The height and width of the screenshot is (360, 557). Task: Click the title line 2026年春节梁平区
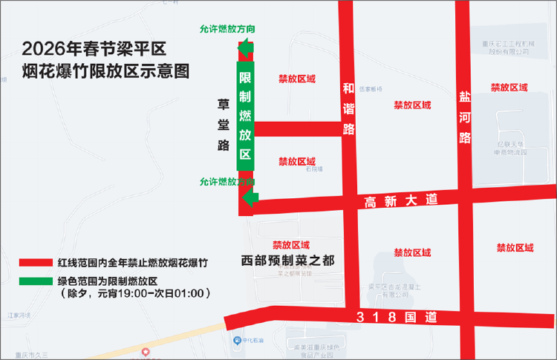tap(98, 49)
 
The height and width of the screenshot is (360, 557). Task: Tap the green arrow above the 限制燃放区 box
tap(246, 50)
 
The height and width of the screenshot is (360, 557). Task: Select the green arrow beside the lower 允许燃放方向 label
tap(249, 198)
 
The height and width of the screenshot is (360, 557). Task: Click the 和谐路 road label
tap(349, 108)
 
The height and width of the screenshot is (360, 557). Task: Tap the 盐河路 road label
tap(466, 117)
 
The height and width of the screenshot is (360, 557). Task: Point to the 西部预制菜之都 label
tap(289, 260)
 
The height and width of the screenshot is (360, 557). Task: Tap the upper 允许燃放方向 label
tap(228, 29)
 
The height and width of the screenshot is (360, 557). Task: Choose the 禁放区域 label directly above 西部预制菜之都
tap(291, 244)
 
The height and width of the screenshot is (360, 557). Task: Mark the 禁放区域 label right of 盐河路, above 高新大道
tap(509, 88)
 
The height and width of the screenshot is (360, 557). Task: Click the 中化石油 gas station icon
tap(236, 341)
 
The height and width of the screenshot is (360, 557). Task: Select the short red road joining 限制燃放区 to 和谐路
tap(296, 129)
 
